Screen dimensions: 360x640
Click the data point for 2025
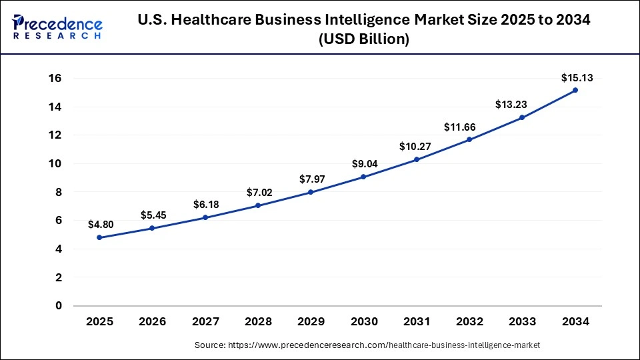[x=99, y=237]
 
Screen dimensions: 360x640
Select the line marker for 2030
[x=363, y=177]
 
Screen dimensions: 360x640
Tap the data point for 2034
[x=575, y=90]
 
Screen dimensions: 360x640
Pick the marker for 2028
[x=258, y=205]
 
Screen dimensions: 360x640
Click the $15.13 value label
[x=575, y=78]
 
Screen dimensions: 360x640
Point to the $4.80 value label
[x=100, y=225]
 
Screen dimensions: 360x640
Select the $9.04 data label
[x=363, y=164]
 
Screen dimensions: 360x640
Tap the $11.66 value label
[x=469, y=127]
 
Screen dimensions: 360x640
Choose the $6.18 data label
[x=205, y=205]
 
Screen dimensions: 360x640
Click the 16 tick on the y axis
[x=55, y=78]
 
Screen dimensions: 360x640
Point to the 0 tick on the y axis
[x=59, y=305]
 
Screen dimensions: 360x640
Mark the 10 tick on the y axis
[x=55, y=163]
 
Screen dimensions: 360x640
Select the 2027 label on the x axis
[x=205, y=322]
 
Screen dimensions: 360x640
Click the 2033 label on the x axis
[x=522, y=322]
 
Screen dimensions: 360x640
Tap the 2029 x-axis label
[x=311, y=322]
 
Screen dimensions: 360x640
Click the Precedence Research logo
[x=57, y=27]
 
